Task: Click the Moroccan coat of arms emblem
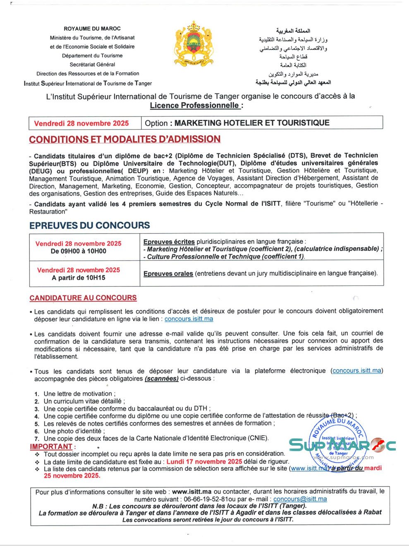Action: click(x=194, y=44)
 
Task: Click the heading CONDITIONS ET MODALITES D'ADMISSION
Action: click(x=124, y=139)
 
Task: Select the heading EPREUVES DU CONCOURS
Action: click(x=89, y=225)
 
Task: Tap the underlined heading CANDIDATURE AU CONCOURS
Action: click(x=83, y=298)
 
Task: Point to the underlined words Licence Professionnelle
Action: click(x=195, y=105)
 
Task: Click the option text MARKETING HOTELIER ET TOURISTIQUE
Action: click(x=252, y=123)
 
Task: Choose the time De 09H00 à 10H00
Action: click(x=78, y=251)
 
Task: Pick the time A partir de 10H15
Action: click(x=78, y=278)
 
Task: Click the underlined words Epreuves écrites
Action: click(x=169, y=241)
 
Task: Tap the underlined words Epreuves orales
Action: click(x=168, y=273)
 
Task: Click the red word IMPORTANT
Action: click(x=51, y=446)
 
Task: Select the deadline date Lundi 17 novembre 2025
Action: click(x=204, y=462)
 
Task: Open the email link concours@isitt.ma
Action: click(x=300, y=499)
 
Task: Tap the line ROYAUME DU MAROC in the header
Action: click(x=92, y=29)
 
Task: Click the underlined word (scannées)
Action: click(x=162, y=378)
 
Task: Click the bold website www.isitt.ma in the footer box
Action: click(x=191, y=491)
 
